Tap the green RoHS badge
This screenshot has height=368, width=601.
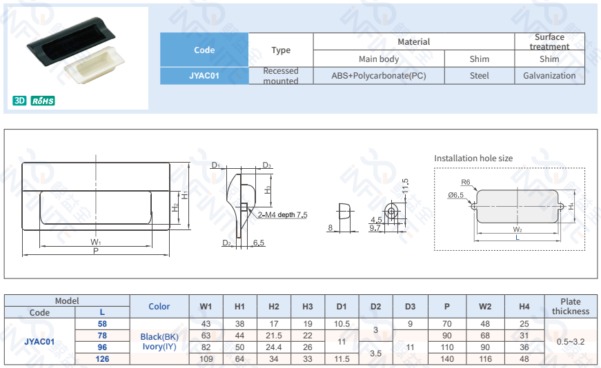point(43,101)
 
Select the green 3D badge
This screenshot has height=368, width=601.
point(19,101)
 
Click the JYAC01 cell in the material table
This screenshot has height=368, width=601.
point(204,76)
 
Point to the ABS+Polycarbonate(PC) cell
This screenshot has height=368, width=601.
point(379,76)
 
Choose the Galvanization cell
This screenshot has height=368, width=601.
point(549,76)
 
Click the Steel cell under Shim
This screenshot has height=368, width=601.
point(480,76)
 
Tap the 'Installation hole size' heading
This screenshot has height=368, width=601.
point(473,159)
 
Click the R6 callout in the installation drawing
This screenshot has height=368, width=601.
point(466,182)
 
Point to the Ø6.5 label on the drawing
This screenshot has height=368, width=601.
point(455,195)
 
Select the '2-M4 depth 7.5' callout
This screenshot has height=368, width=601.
point(282,215)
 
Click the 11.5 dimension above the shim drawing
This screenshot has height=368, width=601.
point(406,186)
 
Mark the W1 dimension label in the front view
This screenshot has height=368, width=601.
point(95,243)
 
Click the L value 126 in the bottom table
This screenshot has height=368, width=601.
point(102,358)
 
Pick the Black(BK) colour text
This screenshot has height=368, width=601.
point(159,336)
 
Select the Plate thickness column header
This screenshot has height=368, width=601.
point(571,306)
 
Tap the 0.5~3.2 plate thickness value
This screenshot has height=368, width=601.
point(571,341)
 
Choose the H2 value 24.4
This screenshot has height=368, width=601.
point(274,347)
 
